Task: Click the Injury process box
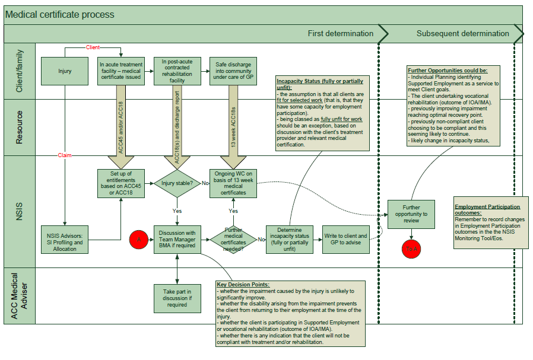(65, 71)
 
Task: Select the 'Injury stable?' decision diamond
(177, 183)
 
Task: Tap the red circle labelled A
(139, 240)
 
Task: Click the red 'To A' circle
(411, 249)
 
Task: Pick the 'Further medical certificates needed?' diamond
(233, 240)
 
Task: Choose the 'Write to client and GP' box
(345, 240)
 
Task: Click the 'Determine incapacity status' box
(289, 240)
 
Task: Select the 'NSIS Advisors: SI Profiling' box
(65, 240)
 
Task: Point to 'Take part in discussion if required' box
(177, 297)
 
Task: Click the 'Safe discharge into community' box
(233, 71)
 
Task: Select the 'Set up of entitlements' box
(120, 183)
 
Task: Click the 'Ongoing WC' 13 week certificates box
(233, 183)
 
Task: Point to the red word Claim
(65, 155)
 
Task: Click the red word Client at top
(93, 47)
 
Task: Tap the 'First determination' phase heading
(340, 33)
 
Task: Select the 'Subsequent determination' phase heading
(462, 33)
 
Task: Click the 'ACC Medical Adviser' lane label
(19, 295)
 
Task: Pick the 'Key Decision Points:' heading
(243, 285)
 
